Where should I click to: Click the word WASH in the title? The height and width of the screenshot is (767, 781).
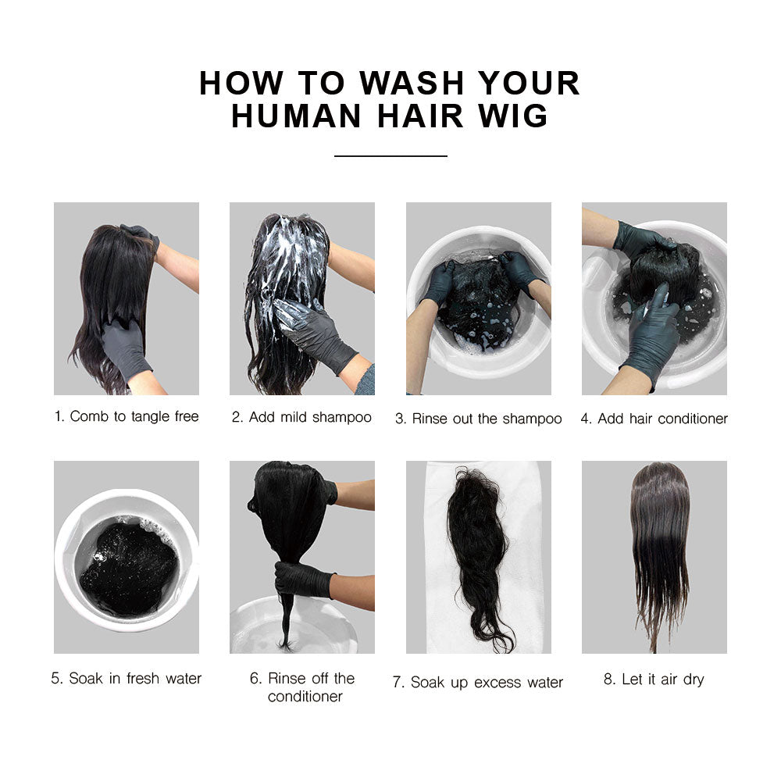click(412, 83)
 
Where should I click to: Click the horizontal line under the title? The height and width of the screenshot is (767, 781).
click(390, 156)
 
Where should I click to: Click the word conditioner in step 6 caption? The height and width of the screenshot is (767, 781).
click(305, 696)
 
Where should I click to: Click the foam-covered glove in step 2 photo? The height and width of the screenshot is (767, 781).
click(314, 332)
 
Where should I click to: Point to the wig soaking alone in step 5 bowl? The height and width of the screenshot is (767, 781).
click(129, 568)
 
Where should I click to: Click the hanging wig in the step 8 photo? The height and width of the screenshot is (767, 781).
click(659, 553)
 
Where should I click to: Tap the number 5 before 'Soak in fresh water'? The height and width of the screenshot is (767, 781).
click(56, 678)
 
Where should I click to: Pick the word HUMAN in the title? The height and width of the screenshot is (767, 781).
click(296, 116)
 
